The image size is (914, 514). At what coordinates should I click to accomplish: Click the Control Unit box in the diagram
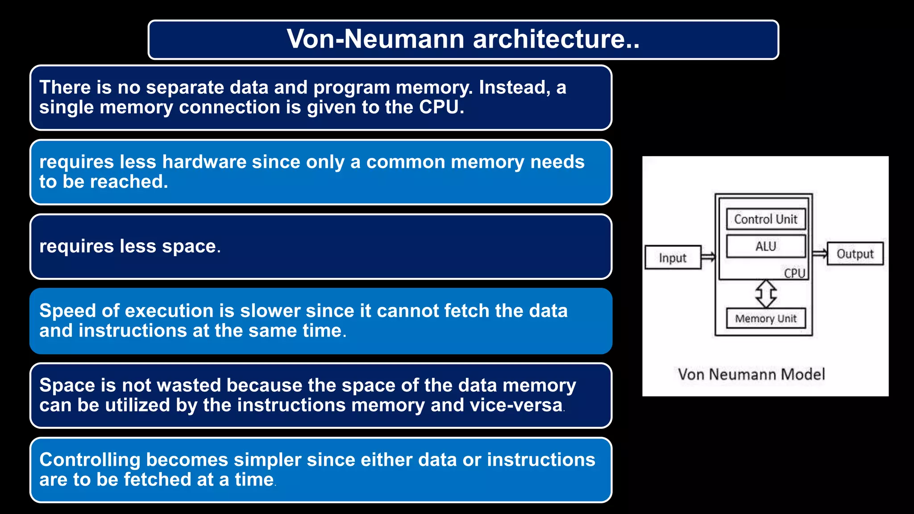(766, 219)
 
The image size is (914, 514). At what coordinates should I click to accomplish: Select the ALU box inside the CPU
(766, 246)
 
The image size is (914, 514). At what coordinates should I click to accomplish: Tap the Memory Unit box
(766, 319)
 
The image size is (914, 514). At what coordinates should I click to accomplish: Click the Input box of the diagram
(673, 258)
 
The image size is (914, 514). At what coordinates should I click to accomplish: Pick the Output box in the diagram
(855, 254)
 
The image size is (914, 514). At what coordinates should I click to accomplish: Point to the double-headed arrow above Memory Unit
(766, 294)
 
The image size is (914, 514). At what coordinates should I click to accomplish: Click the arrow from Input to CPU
(708, 257)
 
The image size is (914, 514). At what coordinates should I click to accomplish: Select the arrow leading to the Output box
(820, 253)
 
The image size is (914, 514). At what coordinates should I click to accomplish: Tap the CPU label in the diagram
(794, 273)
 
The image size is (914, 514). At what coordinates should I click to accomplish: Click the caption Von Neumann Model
(752, 374)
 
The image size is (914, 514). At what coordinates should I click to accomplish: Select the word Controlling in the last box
(90, 460)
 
